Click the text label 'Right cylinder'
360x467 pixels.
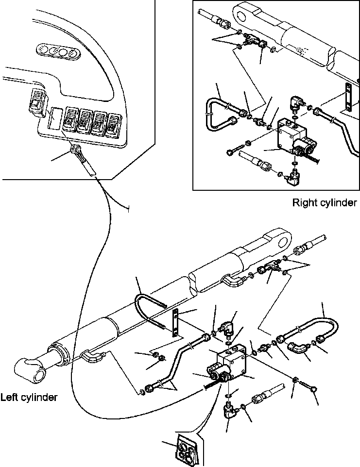click(324, 202)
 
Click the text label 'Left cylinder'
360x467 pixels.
click(29, 397)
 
